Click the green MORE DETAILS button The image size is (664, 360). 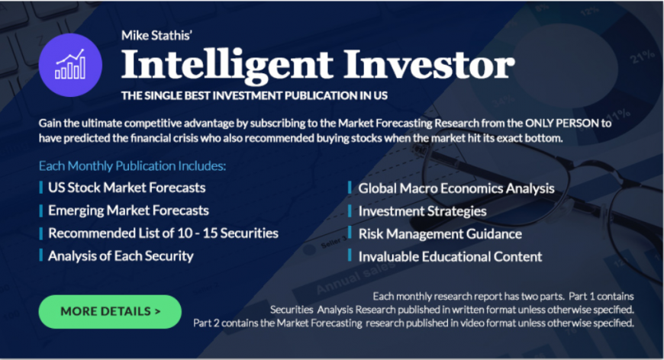pos(110,312)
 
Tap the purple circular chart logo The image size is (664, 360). pos(70,65)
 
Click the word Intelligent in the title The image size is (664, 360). pos(227,65)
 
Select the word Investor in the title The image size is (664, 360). pos(430,64)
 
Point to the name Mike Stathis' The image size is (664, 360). pos(157,35)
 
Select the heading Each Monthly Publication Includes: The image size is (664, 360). pos(133,166)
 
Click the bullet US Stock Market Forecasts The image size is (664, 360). pos(127,188)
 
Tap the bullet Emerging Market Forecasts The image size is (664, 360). pos(128,211)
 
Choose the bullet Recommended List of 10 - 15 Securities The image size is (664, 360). pos(163,233)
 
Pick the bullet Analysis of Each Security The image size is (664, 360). pos(121,256)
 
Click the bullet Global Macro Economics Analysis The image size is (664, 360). pos(456,188)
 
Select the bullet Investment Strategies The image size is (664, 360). pos(423,211)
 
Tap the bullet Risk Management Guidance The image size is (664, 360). pos(440,234)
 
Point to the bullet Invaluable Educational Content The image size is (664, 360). pos(450,257)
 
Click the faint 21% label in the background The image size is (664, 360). pos(643,56)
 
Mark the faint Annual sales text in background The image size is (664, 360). pos(355,277)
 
